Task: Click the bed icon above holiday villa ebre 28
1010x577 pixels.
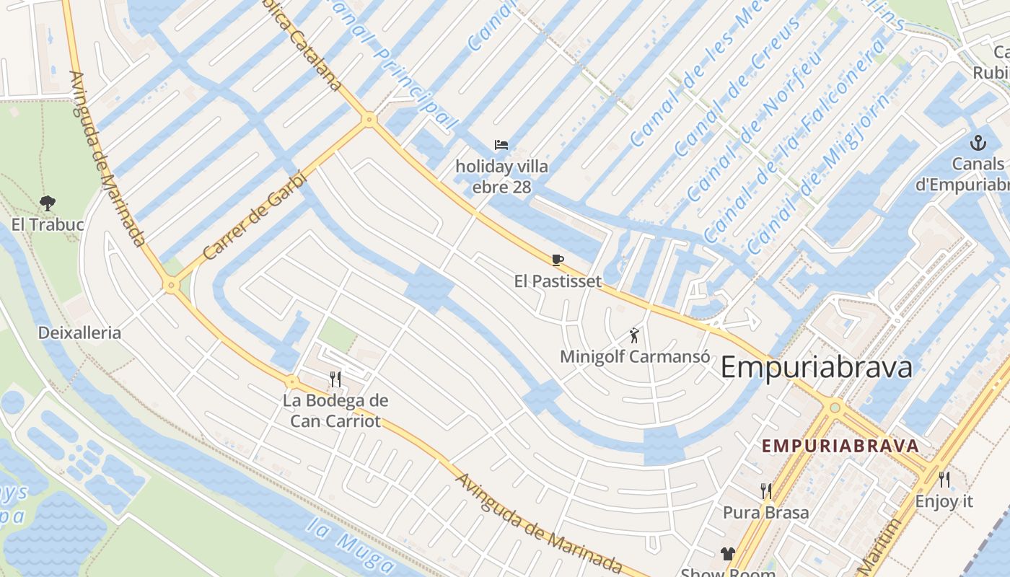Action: [501, 145]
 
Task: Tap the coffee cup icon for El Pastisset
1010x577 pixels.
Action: [557, 260]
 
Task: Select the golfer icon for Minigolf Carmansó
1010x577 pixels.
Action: [634, 335]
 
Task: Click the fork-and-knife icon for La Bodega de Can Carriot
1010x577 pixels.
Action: [335, 379]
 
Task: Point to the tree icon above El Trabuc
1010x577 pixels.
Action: [48, 203]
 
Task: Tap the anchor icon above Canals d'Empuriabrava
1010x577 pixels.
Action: [978, 142]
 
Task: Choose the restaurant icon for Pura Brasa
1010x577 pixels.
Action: [766, 491]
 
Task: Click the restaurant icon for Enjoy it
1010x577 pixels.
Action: [944, 479]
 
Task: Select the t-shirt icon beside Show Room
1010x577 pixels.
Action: [727, 554]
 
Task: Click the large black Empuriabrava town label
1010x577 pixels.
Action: [816, 367]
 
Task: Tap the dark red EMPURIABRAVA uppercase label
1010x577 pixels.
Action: [840, 446]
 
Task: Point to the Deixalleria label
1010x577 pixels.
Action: [79, 332]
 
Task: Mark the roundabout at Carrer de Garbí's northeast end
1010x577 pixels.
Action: [369, 120]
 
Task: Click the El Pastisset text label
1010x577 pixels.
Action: [558, 281]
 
